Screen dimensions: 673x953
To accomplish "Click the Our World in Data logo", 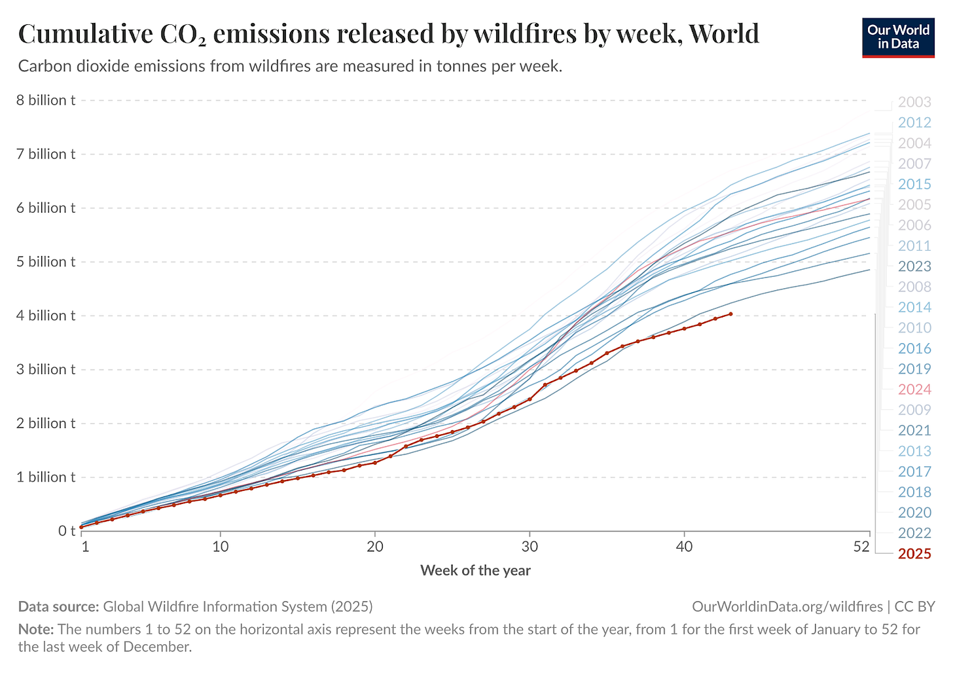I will click(898, 37).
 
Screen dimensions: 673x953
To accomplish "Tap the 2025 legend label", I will click(914, 554).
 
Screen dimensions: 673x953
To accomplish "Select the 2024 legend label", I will click(914, 390).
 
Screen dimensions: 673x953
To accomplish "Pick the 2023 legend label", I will click(914, 266).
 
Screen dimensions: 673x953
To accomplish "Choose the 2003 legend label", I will click(914, 102).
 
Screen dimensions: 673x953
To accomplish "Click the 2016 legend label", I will click(914, 348).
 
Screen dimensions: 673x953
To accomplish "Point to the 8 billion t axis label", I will click(46, 100).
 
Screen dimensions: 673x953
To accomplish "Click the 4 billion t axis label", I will click(46, 316).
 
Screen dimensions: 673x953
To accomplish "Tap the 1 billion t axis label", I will click(46, 477).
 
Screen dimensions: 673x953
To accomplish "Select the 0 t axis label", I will click(67, 531).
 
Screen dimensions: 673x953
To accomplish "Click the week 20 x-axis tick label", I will click(375, 547).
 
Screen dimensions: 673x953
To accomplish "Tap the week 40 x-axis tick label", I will click(684, 547).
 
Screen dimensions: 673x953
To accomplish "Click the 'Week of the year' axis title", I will click(475, 570).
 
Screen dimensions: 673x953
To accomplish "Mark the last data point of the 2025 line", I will click(730, 314).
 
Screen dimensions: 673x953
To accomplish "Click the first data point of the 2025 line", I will click(81, 527).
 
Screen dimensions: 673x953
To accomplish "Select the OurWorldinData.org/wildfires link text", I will click(787, 607).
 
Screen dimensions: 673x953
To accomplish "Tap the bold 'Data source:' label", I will click(58, 607).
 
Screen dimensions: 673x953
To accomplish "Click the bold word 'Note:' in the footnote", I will click(35, 630).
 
